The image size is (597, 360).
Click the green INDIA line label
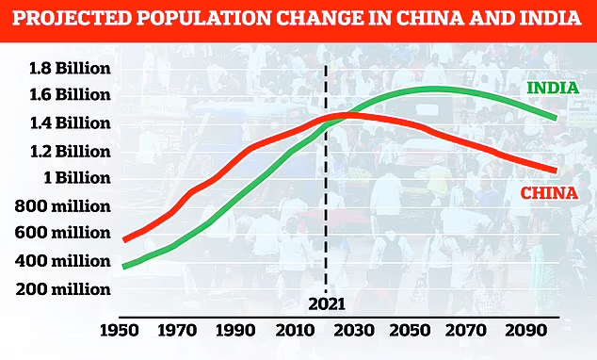coord(552,88)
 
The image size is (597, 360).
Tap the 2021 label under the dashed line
coord(325,304)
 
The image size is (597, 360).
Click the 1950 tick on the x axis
coord(121,333)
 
